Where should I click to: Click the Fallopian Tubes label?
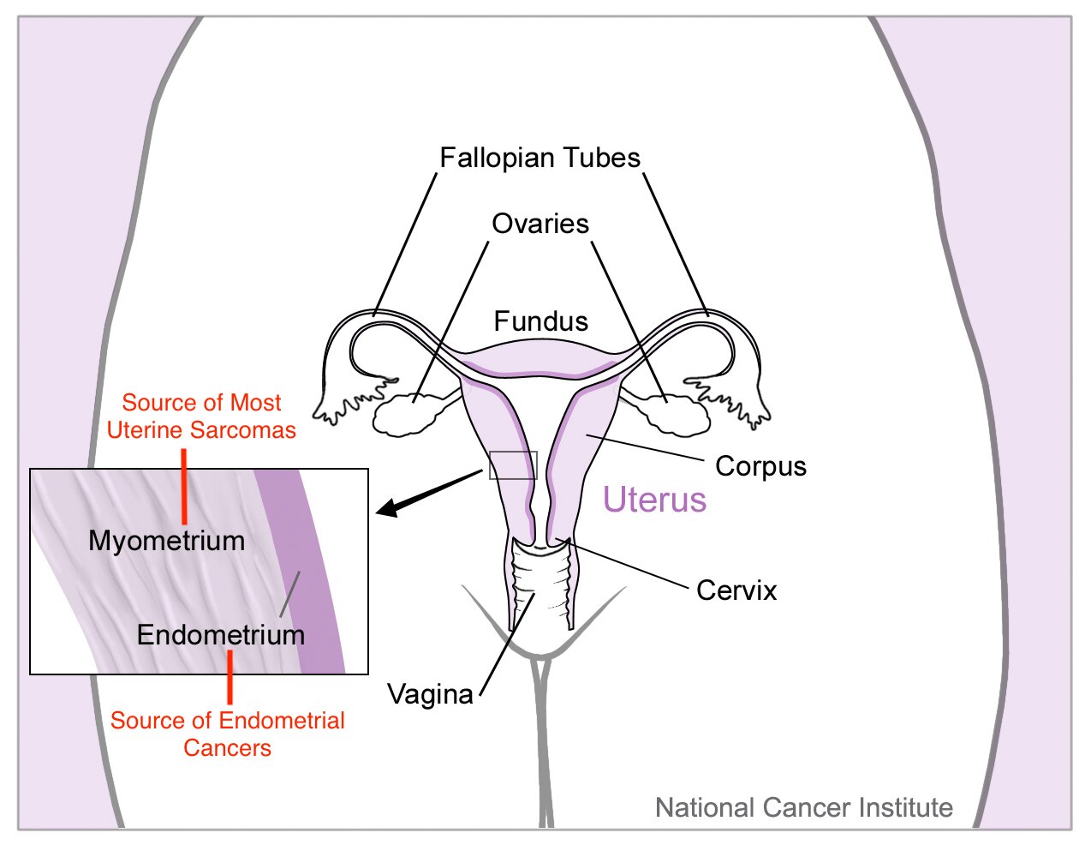540,158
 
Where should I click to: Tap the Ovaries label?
540,224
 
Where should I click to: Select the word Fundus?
541,321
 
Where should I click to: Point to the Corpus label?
760,466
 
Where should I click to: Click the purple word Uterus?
654,500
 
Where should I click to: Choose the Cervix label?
736,590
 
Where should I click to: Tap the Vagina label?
430,694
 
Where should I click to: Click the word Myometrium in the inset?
167,541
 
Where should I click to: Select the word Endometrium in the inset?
221,635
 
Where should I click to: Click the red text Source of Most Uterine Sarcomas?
202,417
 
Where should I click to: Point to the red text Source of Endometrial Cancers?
228,734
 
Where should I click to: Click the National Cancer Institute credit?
803,807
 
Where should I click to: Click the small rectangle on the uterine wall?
513,465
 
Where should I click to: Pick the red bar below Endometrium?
230,677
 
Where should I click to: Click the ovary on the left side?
408,415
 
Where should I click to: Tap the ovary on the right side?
680,414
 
